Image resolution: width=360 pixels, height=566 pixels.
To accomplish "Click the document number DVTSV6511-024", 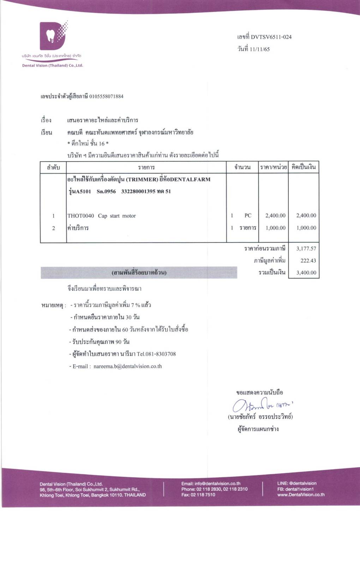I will pyautogui.click(x=271, y=37).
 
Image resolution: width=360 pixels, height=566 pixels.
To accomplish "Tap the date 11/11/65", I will pyautogui.click(x=259, y=49).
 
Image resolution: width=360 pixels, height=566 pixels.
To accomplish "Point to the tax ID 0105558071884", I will pyautogui.click(x=106, y=96).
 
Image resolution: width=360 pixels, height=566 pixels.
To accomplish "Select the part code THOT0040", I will pyautogui.click(x=81, y=216).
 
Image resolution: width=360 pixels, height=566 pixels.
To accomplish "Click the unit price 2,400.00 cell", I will pyautogui.click(x=275, y=215).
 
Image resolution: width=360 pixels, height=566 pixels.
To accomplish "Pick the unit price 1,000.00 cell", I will pyautogui.click(x=275, y=228).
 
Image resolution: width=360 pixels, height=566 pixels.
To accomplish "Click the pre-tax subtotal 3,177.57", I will pyautogui.click(x=306, y=249).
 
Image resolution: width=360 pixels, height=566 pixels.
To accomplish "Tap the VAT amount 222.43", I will pyautogui.click(x=308, y=261).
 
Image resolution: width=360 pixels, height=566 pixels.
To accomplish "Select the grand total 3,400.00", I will pyautogui.click(x=306, y=273).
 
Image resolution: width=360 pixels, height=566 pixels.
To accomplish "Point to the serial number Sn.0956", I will pyautogui.click(x=106, y=191).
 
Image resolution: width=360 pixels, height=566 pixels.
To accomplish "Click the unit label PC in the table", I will pyautogui.click(x=248, y=215).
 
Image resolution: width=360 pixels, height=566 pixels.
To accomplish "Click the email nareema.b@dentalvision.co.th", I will pyautogui.click(x=127, y=366).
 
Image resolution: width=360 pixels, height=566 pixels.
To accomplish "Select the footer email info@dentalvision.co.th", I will pyautogui.click(x=217, y=483).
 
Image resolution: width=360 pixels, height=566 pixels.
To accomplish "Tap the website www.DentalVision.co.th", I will pyautogui.click(x=301, y=495).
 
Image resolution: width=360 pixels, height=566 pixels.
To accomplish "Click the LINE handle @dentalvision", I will pyautogui.click(x=303, y=483).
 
